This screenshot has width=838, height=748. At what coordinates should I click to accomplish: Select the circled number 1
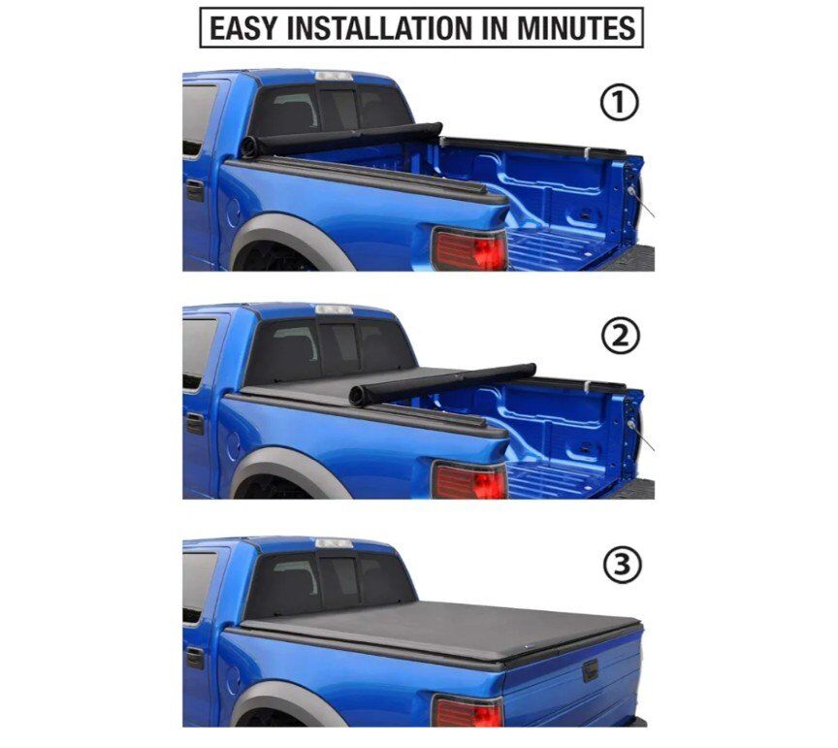tap(620, 103)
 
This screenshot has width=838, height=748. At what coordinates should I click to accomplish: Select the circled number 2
tap(621, 336)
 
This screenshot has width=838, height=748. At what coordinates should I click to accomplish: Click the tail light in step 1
tap(469, 248)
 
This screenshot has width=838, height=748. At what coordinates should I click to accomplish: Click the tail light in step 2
tap(469, 480)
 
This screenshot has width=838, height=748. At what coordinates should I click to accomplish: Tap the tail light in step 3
tap(468, 710)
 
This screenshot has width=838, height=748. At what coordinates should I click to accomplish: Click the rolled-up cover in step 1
tap(341, 139)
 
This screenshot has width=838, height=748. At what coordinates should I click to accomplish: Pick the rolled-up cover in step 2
tap(442, 384)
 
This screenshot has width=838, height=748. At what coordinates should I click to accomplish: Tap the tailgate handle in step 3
tap(590, 670)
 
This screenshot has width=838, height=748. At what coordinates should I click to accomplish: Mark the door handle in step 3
tap(195, 658)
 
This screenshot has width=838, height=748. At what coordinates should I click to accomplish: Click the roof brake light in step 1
tap(334, 76)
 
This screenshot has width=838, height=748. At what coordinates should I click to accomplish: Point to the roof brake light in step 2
tap(334, 309)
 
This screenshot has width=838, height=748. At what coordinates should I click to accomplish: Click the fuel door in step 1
tap(233, 212)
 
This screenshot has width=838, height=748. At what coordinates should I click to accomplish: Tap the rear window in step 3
tap(329, 584)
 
